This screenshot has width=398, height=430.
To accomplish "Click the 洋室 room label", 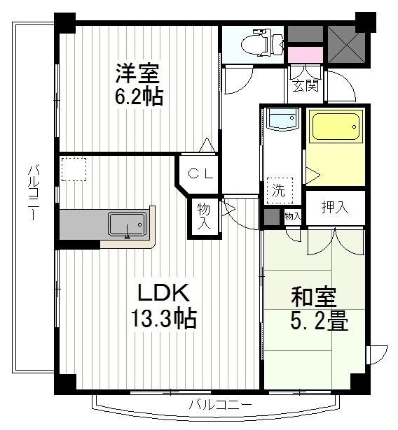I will [138, 73].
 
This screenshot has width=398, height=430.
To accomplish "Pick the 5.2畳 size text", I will [320, 323].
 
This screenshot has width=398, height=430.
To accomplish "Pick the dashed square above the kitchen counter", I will [73, 169].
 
